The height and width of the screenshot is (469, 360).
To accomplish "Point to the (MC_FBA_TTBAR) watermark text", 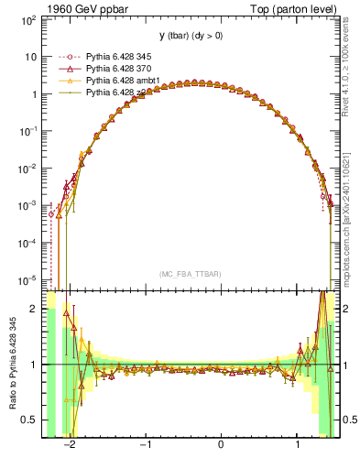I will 189,274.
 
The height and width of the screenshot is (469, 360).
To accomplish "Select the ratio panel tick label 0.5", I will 29,420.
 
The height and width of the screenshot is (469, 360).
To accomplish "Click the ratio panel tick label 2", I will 34,309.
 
